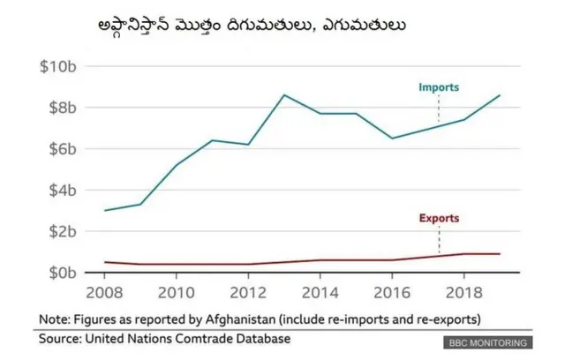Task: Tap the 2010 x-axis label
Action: point(176,291)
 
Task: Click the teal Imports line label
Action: point(439,87)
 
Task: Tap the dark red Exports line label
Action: point(439,218)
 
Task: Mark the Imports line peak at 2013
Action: point(283,94)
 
